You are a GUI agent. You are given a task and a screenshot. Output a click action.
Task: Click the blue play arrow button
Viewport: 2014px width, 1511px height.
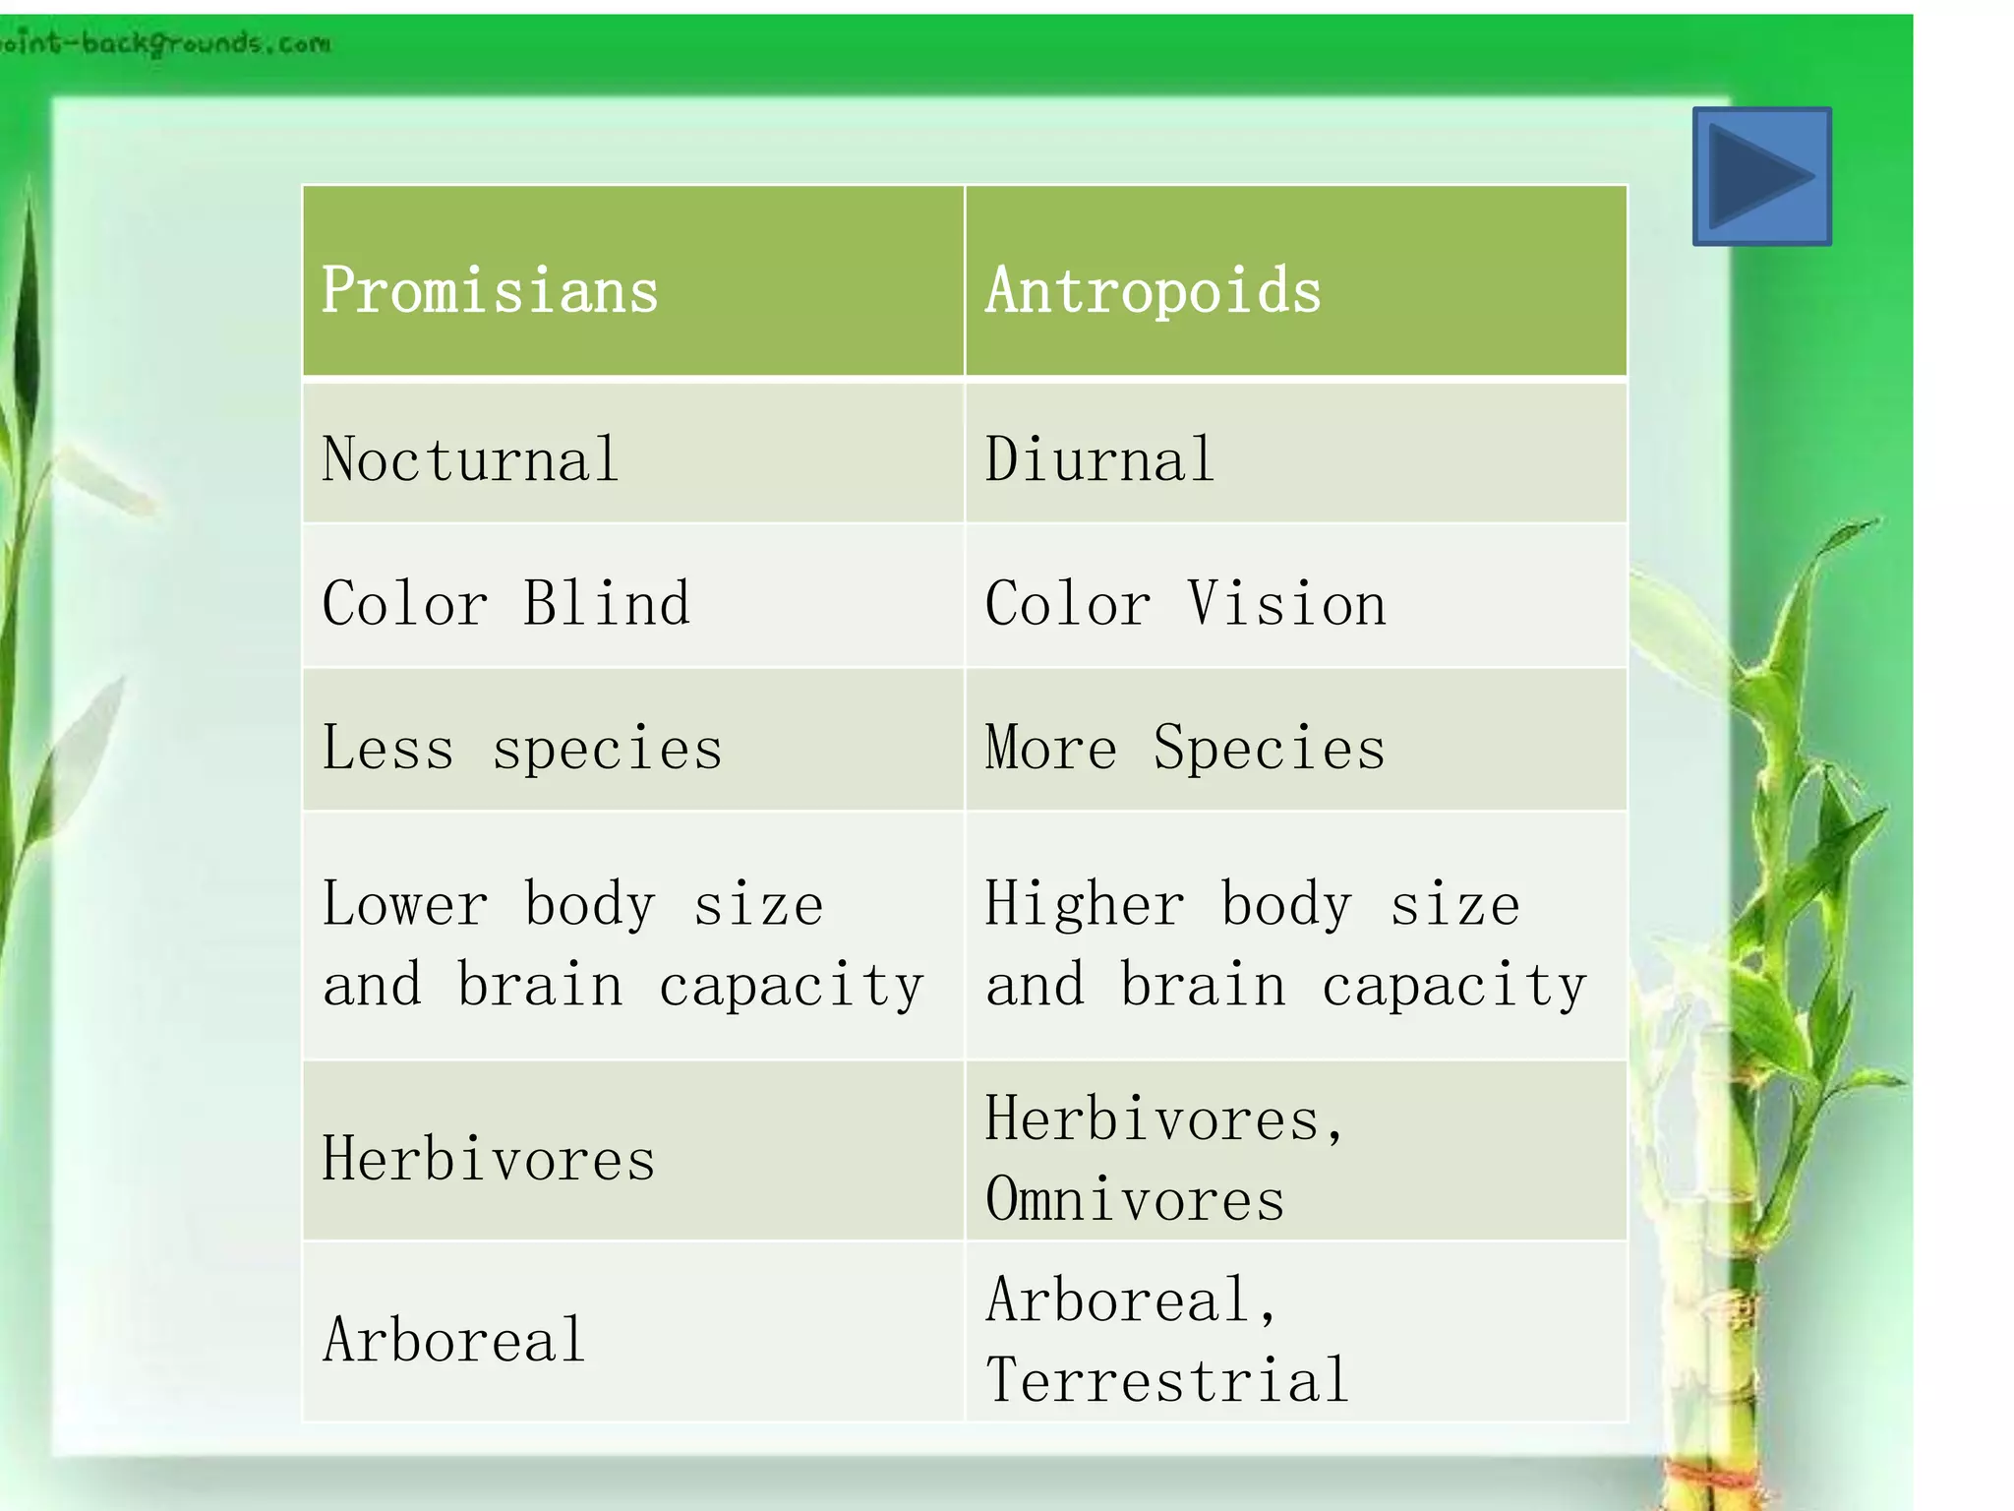coord(1761,176)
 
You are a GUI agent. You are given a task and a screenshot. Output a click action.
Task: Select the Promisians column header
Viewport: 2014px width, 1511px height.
coord(490,291)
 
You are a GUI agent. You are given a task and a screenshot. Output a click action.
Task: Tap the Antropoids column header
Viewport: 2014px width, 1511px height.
coord(1154,291)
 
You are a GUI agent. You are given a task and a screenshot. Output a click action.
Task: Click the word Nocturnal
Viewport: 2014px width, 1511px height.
coord(470,459)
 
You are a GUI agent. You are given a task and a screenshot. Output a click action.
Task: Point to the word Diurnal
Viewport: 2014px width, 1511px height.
coord(1099,459)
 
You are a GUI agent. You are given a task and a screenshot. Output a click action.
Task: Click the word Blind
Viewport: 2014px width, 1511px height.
coord(606,603)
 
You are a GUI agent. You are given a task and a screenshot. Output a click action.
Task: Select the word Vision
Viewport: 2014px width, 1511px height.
coord(1286,603)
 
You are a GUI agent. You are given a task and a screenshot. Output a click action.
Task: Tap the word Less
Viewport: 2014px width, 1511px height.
coord(387,748)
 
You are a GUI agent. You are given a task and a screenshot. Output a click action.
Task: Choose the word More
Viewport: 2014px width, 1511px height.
coord(1051,748)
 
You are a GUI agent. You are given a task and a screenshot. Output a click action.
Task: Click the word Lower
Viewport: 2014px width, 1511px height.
coord(405,904)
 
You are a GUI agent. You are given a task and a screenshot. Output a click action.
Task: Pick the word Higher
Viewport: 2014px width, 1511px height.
coord(1085,904)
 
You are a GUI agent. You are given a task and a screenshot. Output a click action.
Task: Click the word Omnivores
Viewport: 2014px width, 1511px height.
coord(1135,1199)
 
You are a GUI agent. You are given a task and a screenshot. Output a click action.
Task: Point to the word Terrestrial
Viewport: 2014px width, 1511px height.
coord(1166,1379)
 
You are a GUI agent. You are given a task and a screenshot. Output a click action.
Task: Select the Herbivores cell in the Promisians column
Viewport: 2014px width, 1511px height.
coord(488,1159)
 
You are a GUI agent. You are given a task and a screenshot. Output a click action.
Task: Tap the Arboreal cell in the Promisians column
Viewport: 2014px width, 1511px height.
coord(454,1340)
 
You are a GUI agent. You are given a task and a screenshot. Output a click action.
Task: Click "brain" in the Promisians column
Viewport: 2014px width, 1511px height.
coord(540,985)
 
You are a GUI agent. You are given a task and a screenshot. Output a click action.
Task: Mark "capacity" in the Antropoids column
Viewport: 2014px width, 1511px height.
coord(1453,985)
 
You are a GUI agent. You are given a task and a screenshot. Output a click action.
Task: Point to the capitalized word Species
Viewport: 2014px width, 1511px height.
coord(1269,748)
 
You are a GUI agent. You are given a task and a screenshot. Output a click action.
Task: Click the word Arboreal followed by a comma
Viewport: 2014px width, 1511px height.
coord(1131,1299)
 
